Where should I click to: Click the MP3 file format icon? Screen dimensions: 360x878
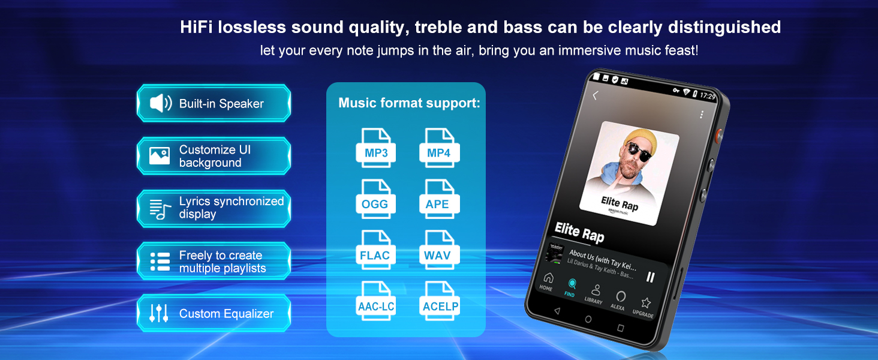point(376,148)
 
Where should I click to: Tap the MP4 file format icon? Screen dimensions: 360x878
point(438,148)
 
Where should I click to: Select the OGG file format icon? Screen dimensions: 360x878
point(375,199)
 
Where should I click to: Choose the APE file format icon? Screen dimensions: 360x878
point(438,199)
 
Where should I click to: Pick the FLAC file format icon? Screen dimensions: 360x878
point(375,251)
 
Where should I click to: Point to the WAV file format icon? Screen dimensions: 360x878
point(438,251)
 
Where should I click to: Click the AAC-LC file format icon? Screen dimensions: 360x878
point(376,302)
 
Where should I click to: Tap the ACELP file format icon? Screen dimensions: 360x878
point(440,302)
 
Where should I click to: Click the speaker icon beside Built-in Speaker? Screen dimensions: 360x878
point(160,103)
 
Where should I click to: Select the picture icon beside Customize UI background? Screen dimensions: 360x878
point(160,156)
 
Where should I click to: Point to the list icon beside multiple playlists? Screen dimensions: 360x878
point(160,262)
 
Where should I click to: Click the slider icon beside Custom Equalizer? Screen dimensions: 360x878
point(159,313)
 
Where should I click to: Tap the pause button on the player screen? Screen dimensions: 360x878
point(650,277)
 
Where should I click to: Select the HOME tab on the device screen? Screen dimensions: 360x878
point(548,280)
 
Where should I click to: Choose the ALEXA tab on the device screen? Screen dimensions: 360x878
point(620,299)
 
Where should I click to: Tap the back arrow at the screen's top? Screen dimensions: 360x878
point(595,95)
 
